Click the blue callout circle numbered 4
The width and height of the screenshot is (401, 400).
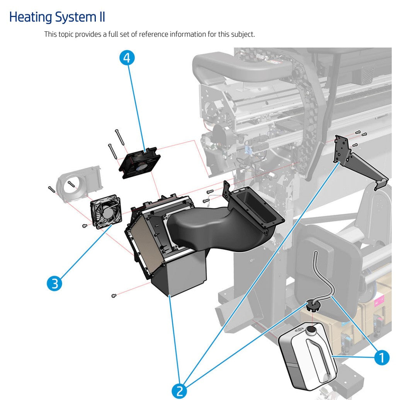pyautogui.click(x=127, y=58)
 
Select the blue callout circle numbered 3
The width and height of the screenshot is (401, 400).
pyautogui.click(x=54, y=283)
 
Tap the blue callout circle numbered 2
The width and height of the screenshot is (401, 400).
pyautogui.click(x=179, y=391)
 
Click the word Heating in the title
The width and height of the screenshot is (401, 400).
pyautogui.click(x=30, y=17)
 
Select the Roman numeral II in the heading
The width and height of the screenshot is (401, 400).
pyautogui.click(x=100, y=17)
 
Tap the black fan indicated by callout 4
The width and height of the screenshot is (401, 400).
pyautogui.click(x=139, y=163)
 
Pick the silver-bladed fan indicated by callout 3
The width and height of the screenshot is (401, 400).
pyautogui.click(x=106, y=212)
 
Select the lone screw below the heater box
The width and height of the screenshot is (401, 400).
pyautogui.click(x=114, y=296)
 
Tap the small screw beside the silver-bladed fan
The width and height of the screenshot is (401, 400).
pyautogui.click(x=85, y=226)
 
